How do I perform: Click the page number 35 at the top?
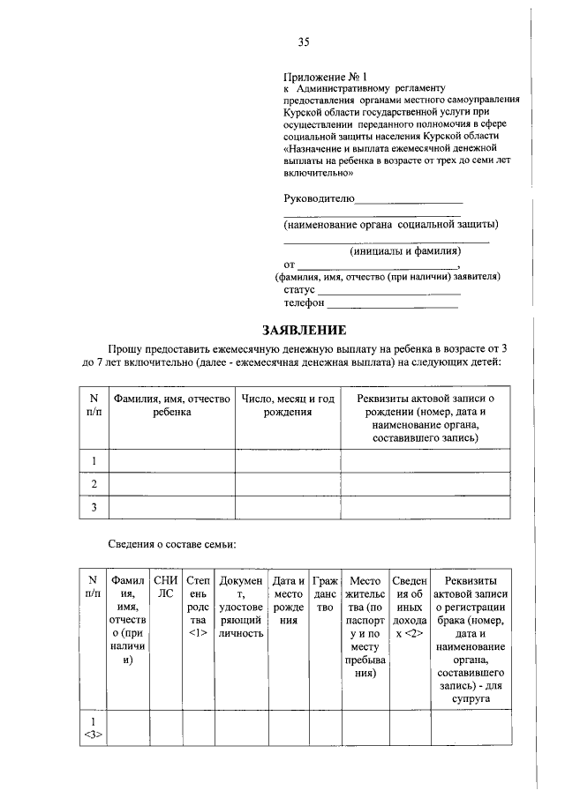pos(303,42)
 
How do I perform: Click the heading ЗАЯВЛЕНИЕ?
pos(303,331)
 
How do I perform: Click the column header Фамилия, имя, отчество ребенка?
pos(171,405)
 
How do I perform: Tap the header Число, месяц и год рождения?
pos(288,405)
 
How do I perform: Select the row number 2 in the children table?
pos(93,484)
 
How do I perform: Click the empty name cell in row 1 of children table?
pos(171,460)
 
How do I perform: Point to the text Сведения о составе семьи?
pos(172,544)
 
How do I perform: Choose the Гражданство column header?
pos(325,594)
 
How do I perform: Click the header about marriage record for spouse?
pos(471,639)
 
